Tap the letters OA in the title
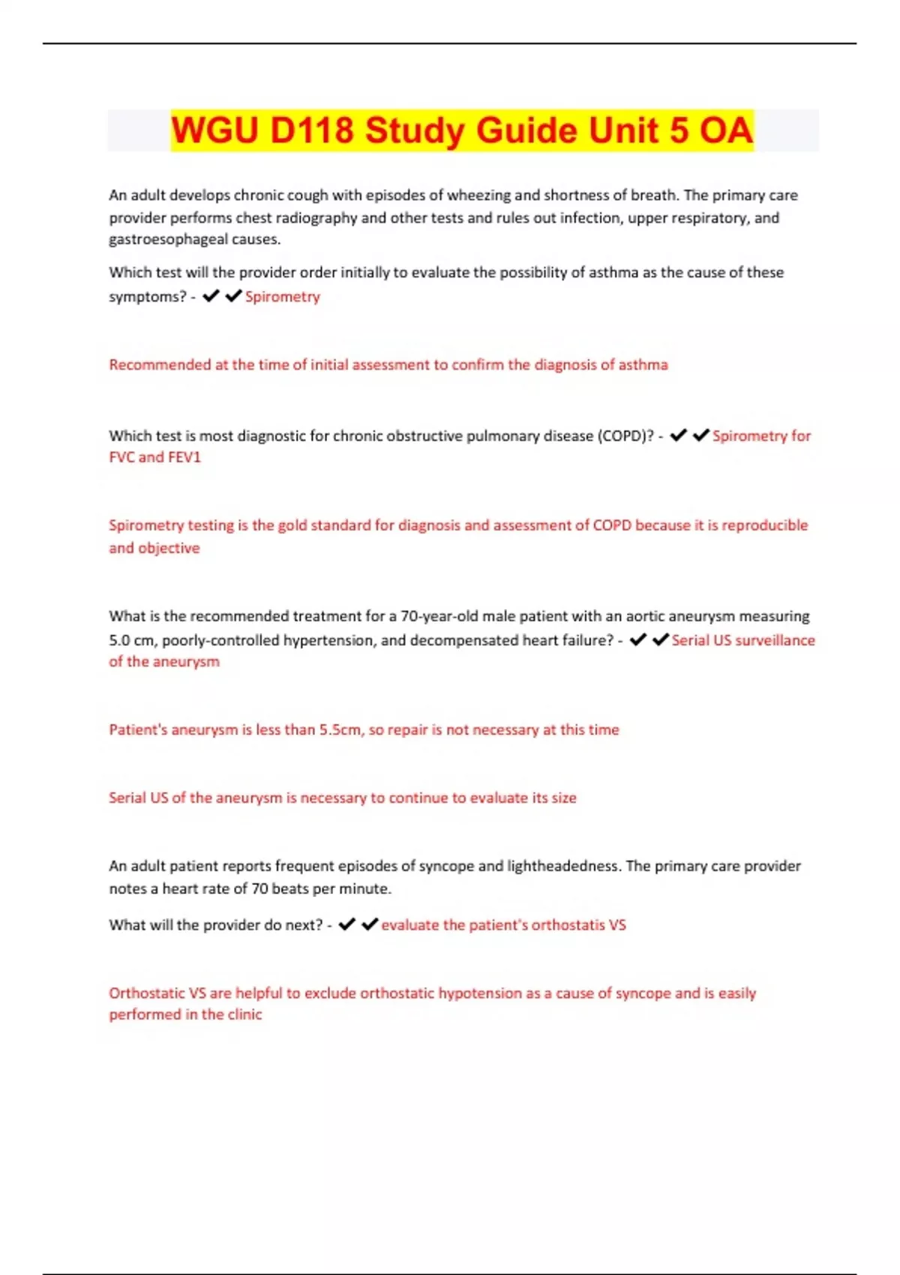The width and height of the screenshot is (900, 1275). pyautogui.click(x=725, y=130)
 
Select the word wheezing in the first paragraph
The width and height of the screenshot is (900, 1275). pyautogui.click(x=478, y=195)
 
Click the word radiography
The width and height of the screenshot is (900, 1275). pyautogui.click(x=315, y=217)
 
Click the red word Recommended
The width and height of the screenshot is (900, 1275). pyautogui.click(x=159, y=364)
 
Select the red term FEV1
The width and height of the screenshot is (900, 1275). pyautogui.click(x=184, y=457)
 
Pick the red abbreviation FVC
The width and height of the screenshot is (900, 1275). pyautogui.click(x=121, y=457)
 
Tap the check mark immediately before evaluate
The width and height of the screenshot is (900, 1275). pyautogui.click(x=370, y=925)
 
